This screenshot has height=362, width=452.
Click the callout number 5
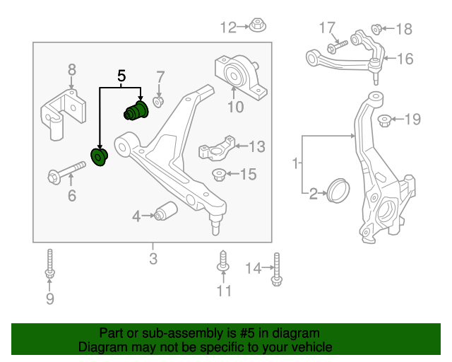tap(121, 74)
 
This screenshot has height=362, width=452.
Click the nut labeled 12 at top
tap(257, 28)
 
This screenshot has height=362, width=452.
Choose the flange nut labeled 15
tap(219, 174)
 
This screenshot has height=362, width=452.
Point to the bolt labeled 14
tap(275, 270)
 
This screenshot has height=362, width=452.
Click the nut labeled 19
tap(385, 119)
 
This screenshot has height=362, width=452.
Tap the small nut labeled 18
tap(377, 29)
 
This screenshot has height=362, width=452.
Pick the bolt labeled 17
tap(335, 45)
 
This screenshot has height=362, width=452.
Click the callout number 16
tap(405, 59)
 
